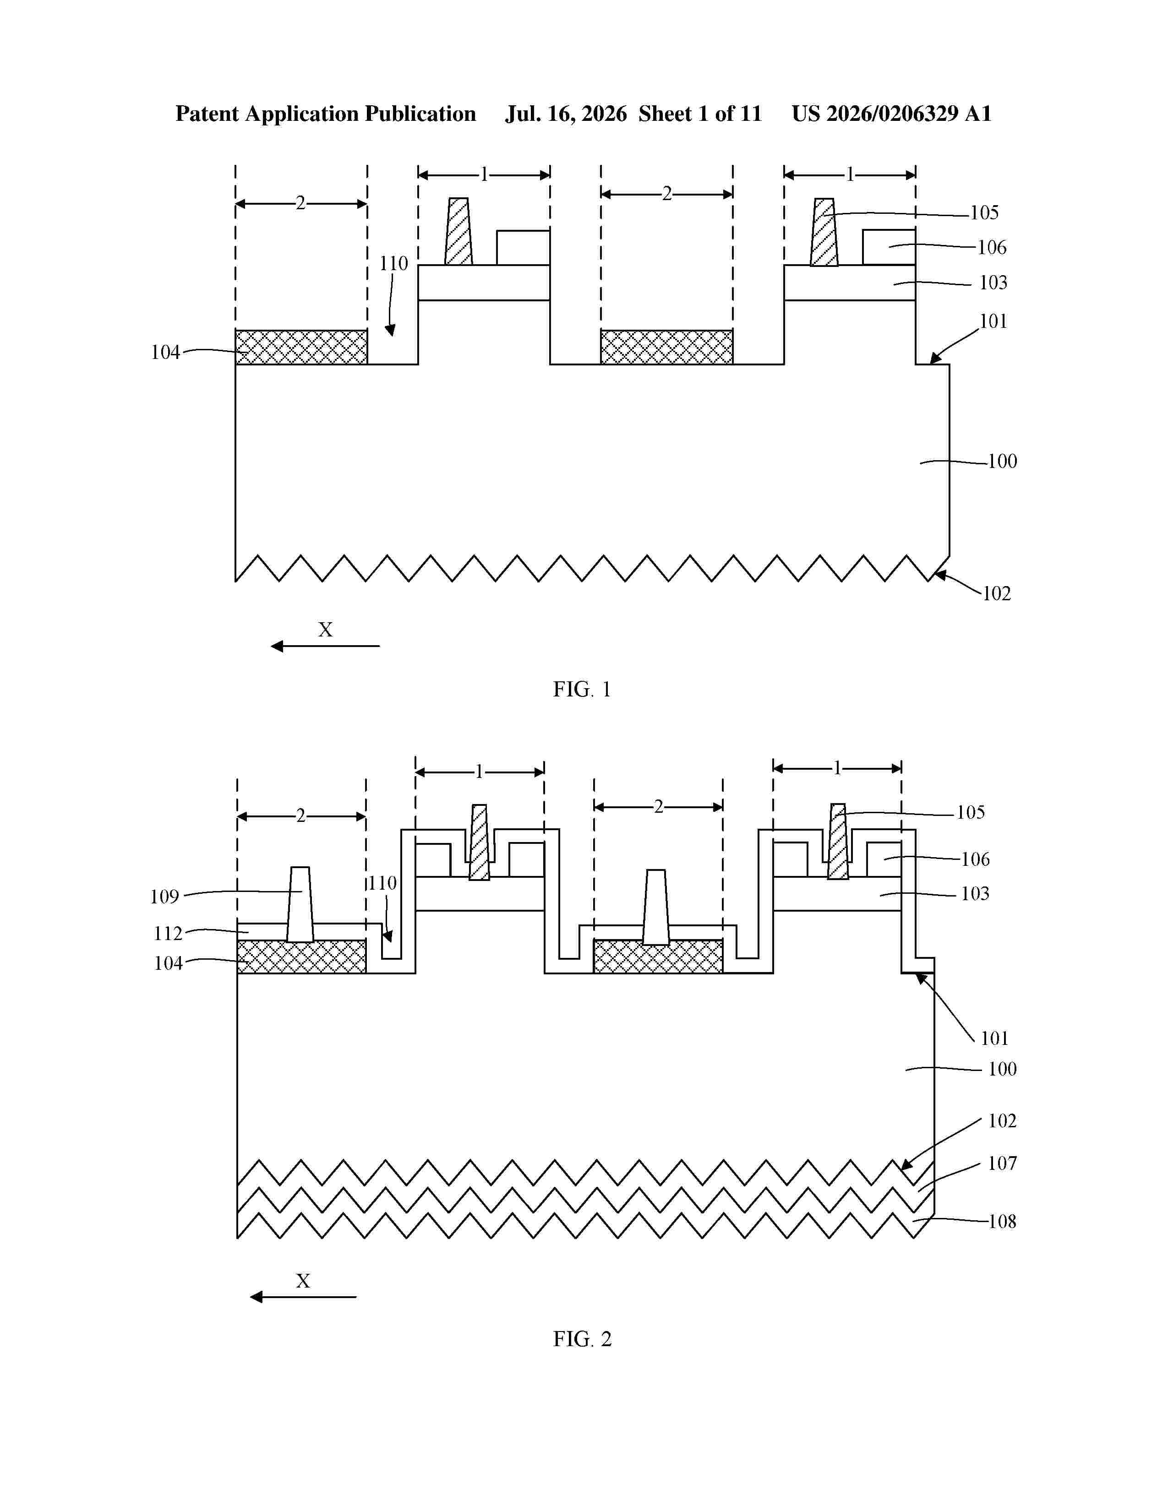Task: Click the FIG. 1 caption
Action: (x=582, y=689)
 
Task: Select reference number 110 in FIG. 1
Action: (x=393, y=264)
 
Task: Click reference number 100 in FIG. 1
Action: (x=1003, y=462)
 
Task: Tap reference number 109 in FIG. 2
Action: (x=165, y=897)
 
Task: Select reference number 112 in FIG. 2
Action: (x=168, y=934)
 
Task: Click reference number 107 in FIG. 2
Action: (x=1002, y=1163)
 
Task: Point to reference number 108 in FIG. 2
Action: (x=1002, y=1222)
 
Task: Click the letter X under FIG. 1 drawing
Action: (x=325, y=630)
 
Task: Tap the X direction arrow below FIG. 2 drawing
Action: (x=303, y=1297)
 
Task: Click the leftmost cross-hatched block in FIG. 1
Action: (x=301, y=348)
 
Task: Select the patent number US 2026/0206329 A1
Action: (x=891, y=114)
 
